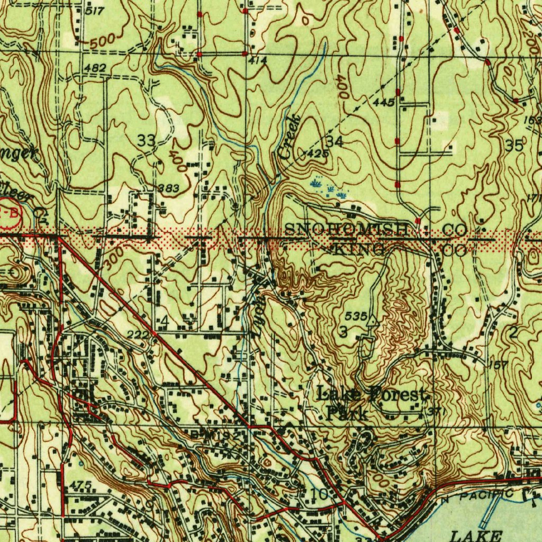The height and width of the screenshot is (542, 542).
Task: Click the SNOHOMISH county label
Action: tap(347, 230)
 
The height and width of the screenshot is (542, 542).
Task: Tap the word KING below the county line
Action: tap(357, 249)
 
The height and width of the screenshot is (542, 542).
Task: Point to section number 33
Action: tap(147, 141)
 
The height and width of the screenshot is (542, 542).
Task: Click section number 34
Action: tap(335, 141)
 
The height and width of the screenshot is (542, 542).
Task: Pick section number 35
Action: tap(514, 146)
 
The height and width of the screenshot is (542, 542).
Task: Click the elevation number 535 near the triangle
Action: tap(356, 316)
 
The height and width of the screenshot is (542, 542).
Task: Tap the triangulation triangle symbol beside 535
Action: tap(373, 320)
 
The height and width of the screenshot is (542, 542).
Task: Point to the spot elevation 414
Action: tap(258, 60)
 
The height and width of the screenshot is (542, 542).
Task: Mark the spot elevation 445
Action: tap(383, 102)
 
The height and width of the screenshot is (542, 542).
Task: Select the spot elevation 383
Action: tap(168, 188)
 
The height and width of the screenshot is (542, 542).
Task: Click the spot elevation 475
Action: tap(80, 485)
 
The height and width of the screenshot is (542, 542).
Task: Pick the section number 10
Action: tap(319, 494)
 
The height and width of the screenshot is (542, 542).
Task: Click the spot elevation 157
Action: tap(499, 365)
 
